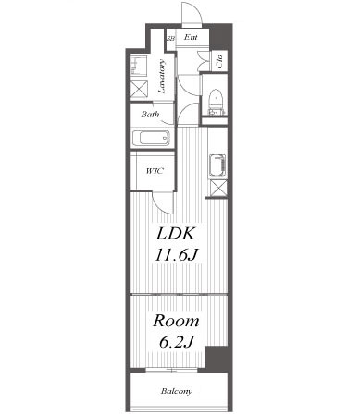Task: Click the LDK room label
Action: click(176, 234)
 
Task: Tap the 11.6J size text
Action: click(176, 255)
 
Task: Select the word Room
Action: click(176, 321)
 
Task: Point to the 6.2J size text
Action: click(177, 341)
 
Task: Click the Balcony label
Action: click(177, 391)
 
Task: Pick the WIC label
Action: click(155, 171)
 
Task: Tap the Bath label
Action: click(150, 115)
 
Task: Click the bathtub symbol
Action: click(151, 138)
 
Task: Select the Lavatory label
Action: click(161, 77)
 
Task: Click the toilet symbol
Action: click(216, 102)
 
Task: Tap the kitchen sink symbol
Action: click(217, 166)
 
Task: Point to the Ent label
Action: click(191, 37)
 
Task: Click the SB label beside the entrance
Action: click(170, 39)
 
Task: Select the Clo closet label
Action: click(219, 61)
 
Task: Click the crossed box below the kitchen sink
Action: click(218, 188)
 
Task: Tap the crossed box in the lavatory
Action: click(139, 89)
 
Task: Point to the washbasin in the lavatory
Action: click(138, 66)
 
